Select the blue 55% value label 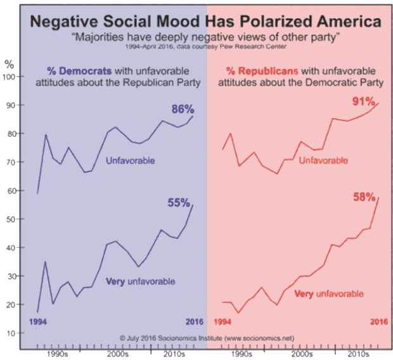click(x=178, y=203)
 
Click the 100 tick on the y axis click(x=11, y=77)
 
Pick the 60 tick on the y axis click(x=13, y=191)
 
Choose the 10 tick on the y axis click(x=13, y=333)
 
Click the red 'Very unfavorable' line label click(x=330, y=294)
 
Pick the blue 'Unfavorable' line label click(x=131, y=160)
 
